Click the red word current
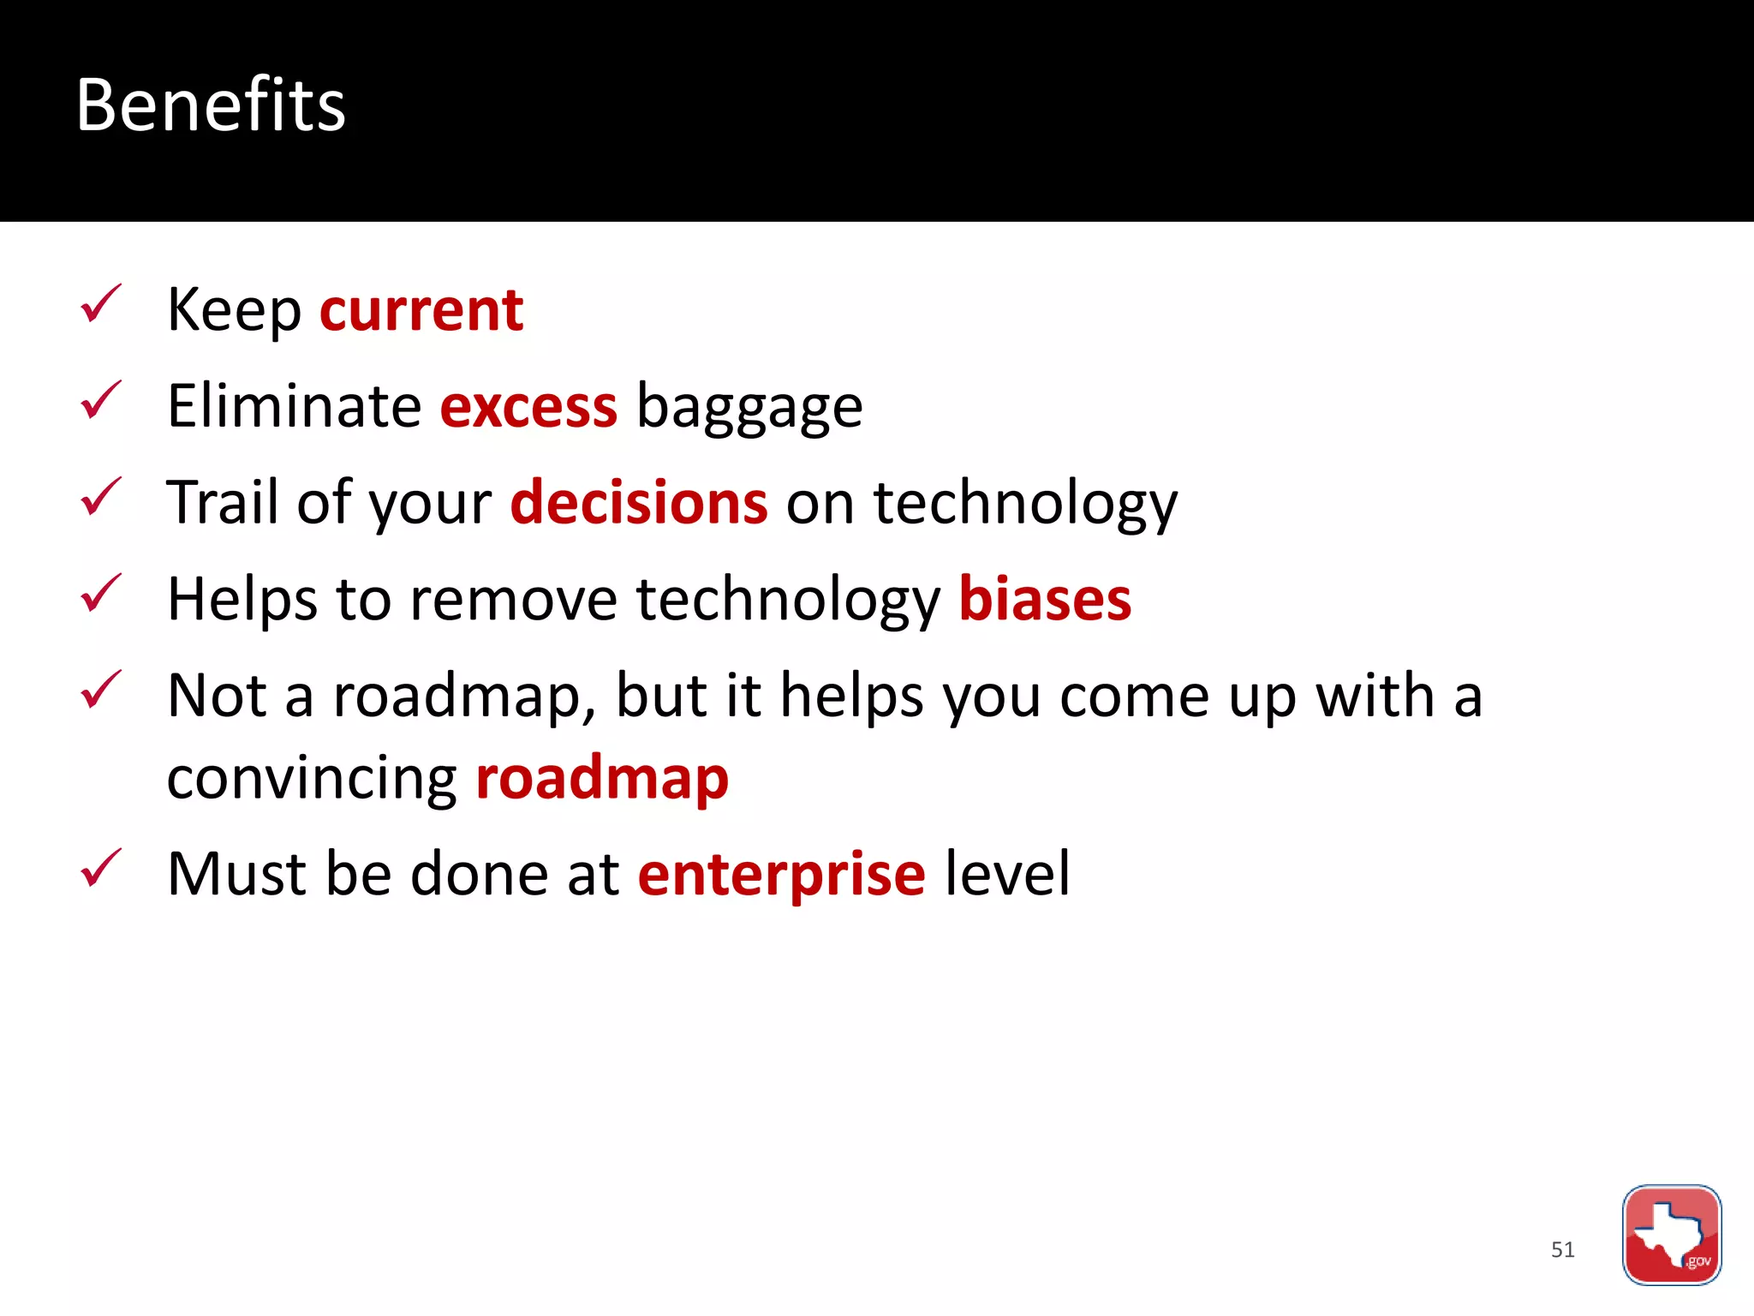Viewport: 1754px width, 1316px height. pos(421,309)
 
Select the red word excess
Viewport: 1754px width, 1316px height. pos(528,406)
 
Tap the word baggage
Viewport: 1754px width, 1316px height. pos(749,408)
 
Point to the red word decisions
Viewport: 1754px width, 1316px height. pos(639,503)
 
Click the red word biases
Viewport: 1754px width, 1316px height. pos(1045,599)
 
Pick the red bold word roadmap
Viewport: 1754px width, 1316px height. pos(602,779)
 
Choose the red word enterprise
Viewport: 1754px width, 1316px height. pos(781,875)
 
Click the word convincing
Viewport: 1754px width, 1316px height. pos(312,779)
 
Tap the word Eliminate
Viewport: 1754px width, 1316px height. pos(294,406)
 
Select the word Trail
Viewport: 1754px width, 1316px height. pos(223,503)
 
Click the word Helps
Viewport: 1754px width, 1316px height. pos(242,599)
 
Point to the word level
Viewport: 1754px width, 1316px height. pos(1007,875)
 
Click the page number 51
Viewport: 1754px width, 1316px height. pos(1562,1249)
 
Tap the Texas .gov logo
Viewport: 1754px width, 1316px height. pos(1671,1235)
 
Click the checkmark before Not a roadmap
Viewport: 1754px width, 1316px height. pos(101,691)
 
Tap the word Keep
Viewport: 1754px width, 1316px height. pos(234,309)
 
